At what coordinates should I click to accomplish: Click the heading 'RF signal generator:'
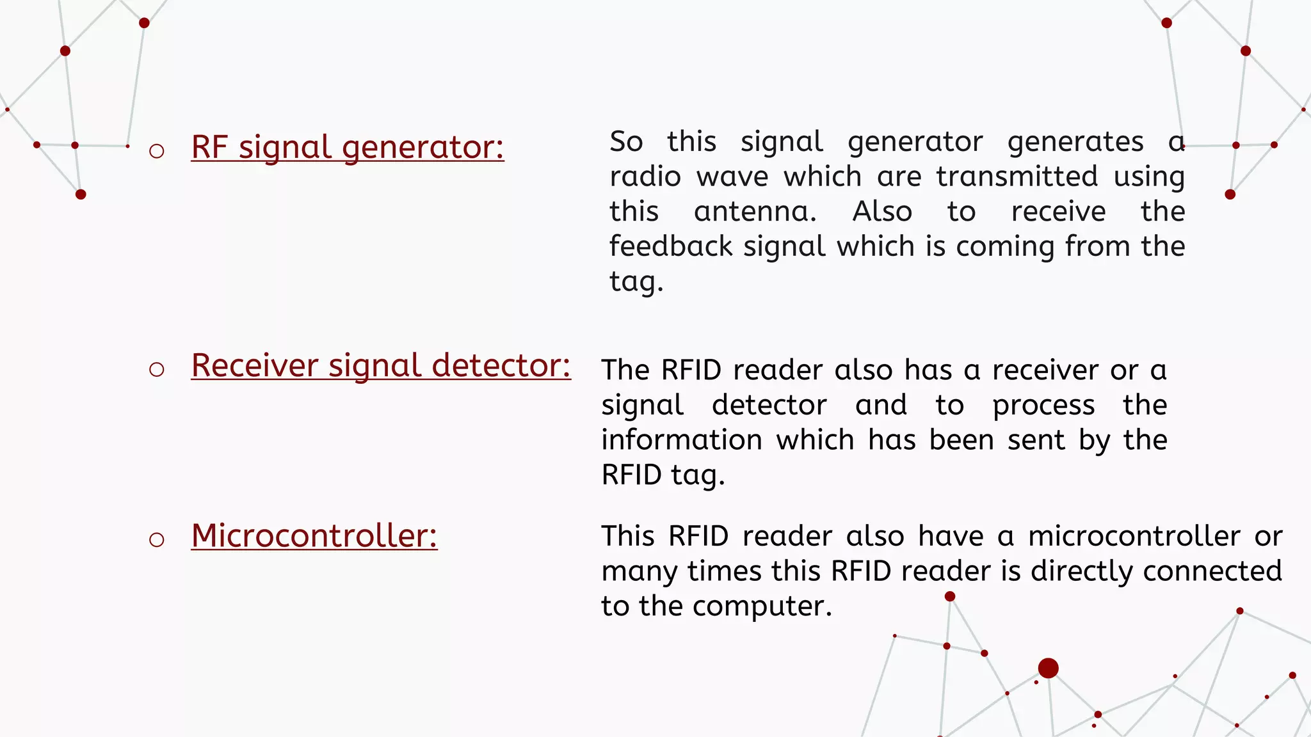click(x=348, y=147)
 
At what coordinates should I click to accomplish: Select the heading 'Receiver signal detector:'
click(x=381, y=365)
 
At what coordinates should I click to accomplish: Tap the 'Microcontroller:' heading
click(x=314, y=535)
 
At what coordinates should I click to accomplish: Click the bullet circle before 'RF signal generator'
click(x=157, y=152)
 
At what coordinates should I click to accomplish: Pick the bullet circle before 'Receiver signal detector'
click(x=157, y=369)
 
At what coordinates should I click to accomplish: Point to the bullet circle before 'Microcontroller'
click(x=157, y=539)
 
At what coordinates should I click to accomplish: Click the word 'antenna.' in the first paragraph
click(x=755, y=212)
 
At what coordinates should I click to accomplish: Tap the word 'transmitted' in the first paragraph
click(x=1017, y=177)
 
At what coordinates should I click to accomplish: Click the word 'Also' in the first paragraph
click(x=882, y=212)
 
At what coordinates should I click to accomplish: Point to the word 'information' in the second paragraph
click(x=682, y=440)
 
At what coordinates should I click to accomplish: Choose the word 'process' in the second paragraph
click(x=1043, y=406)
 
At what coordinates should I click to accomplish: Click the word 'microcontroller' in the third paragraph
click(x=1134, y=536)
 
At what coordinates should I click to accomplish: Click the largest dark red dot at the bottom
click(x=1048, y=668)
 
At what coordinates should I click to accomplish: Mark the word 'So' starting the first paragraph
click(x=626, y=141)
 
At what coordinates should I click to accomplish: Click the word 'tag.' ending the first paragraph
click(x=636, y=281)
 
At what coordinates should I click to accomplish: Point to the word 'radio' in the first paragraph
click(x=645, y=177)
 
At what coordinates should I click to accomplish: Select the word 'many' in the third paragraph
click(x=637, y=571)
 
